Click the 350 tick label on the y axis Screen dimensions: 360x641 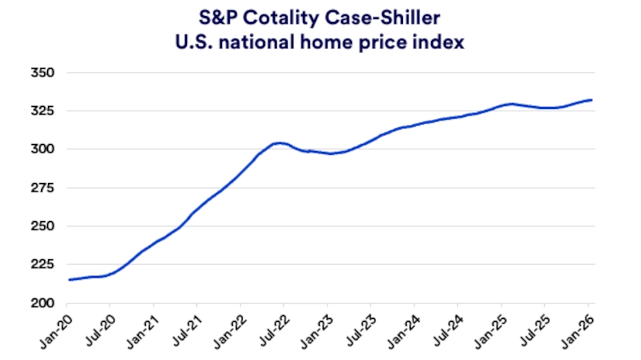coord(43,72)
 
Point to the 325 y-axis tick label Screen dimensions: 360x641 coord(43,111)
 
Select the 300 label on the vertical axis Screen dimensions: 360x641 coord(43,149)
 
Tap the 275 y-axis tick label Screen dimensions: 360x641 coord(43,188)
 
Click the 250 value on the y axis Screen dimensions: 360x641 coord(43,226)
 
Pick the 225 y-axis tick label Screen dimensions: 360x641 coord(43,264)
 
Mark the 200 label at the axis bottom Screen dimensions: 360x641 coord(43,303)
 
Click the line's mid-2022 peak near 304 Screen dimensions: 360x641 coord(279,143)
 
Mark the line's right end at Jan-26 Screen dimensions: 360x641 coord(592,100)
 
